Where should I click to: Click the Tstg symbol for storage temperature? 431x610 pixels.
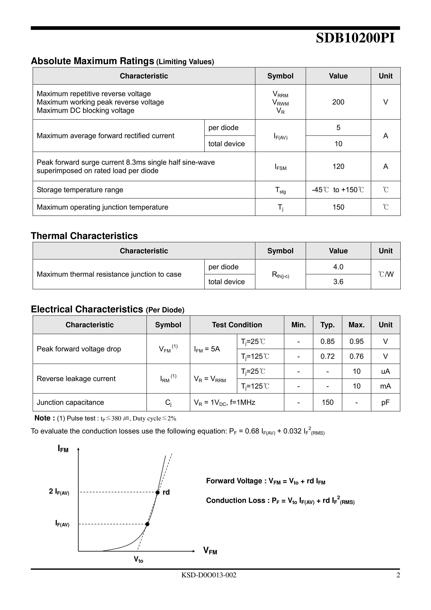pyautogui.click(x=280, y=190)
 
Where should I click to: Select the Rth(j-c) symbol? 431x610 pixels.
pyautogui.click(x=280, y=275)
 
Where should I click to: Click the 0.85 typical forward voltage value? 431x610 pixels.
pyautogui.click(x=327, y=341)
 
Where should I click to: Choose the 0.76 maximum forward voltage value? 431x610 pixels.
pyautogui.click(x=356, y=356)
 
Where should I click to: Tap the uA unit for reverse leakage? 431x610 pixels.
pyautogui.click(x=385, y=371)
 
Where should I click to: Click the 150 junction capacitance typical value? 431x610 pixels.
pyautogui.click(x=327, y=402)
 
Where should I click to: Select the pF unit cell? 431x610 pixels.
pyautogui.click(x=385, y=402)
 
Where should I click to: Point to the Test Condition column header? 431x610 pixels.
pyautogui.click(x=237, y=325)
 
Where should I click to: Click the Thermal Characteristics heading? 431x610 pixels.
pyautogui.click(x=84, y=236)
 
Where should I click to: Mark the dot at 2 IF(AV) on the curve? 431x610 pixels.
pyautogui.click(x=157, y=492)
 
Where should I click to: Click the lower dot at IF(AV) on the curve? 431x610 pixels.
pyautogui.click(x=147, y=524)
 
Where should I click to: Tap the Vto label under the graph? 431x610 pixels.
pyautogui.click(x=138, y=560)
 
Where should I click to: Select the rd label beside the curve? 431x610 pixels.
pyautogui.click(x=166, y=492)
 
